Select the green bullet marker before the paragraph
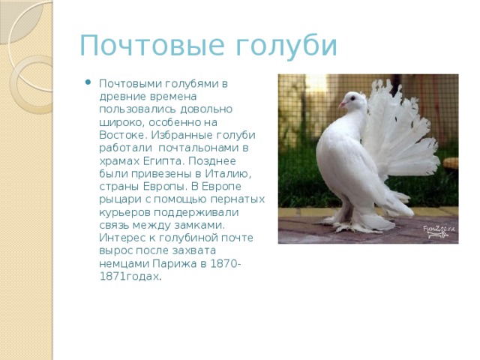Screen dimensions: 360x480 [x=89, y=82]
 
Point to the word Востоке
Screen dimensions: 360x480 [x=121, y=135]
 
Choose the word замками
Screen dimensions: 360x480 [x=202, y=225]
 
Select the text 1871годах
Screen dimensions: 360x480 [x=129, y=277]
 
